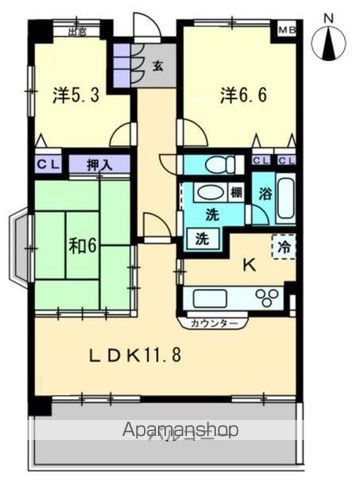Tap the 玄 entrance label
[x=159, y=67]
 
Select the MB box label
[x=286, y=29]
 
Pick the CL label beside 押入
[x=47, y=164]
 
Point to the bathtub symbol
[x=286, y=197]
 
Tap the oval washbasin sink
[x=210, y=193]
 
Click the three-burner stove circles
[x=268, y=297]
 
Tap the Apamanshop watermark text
[x=180, y=431]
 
